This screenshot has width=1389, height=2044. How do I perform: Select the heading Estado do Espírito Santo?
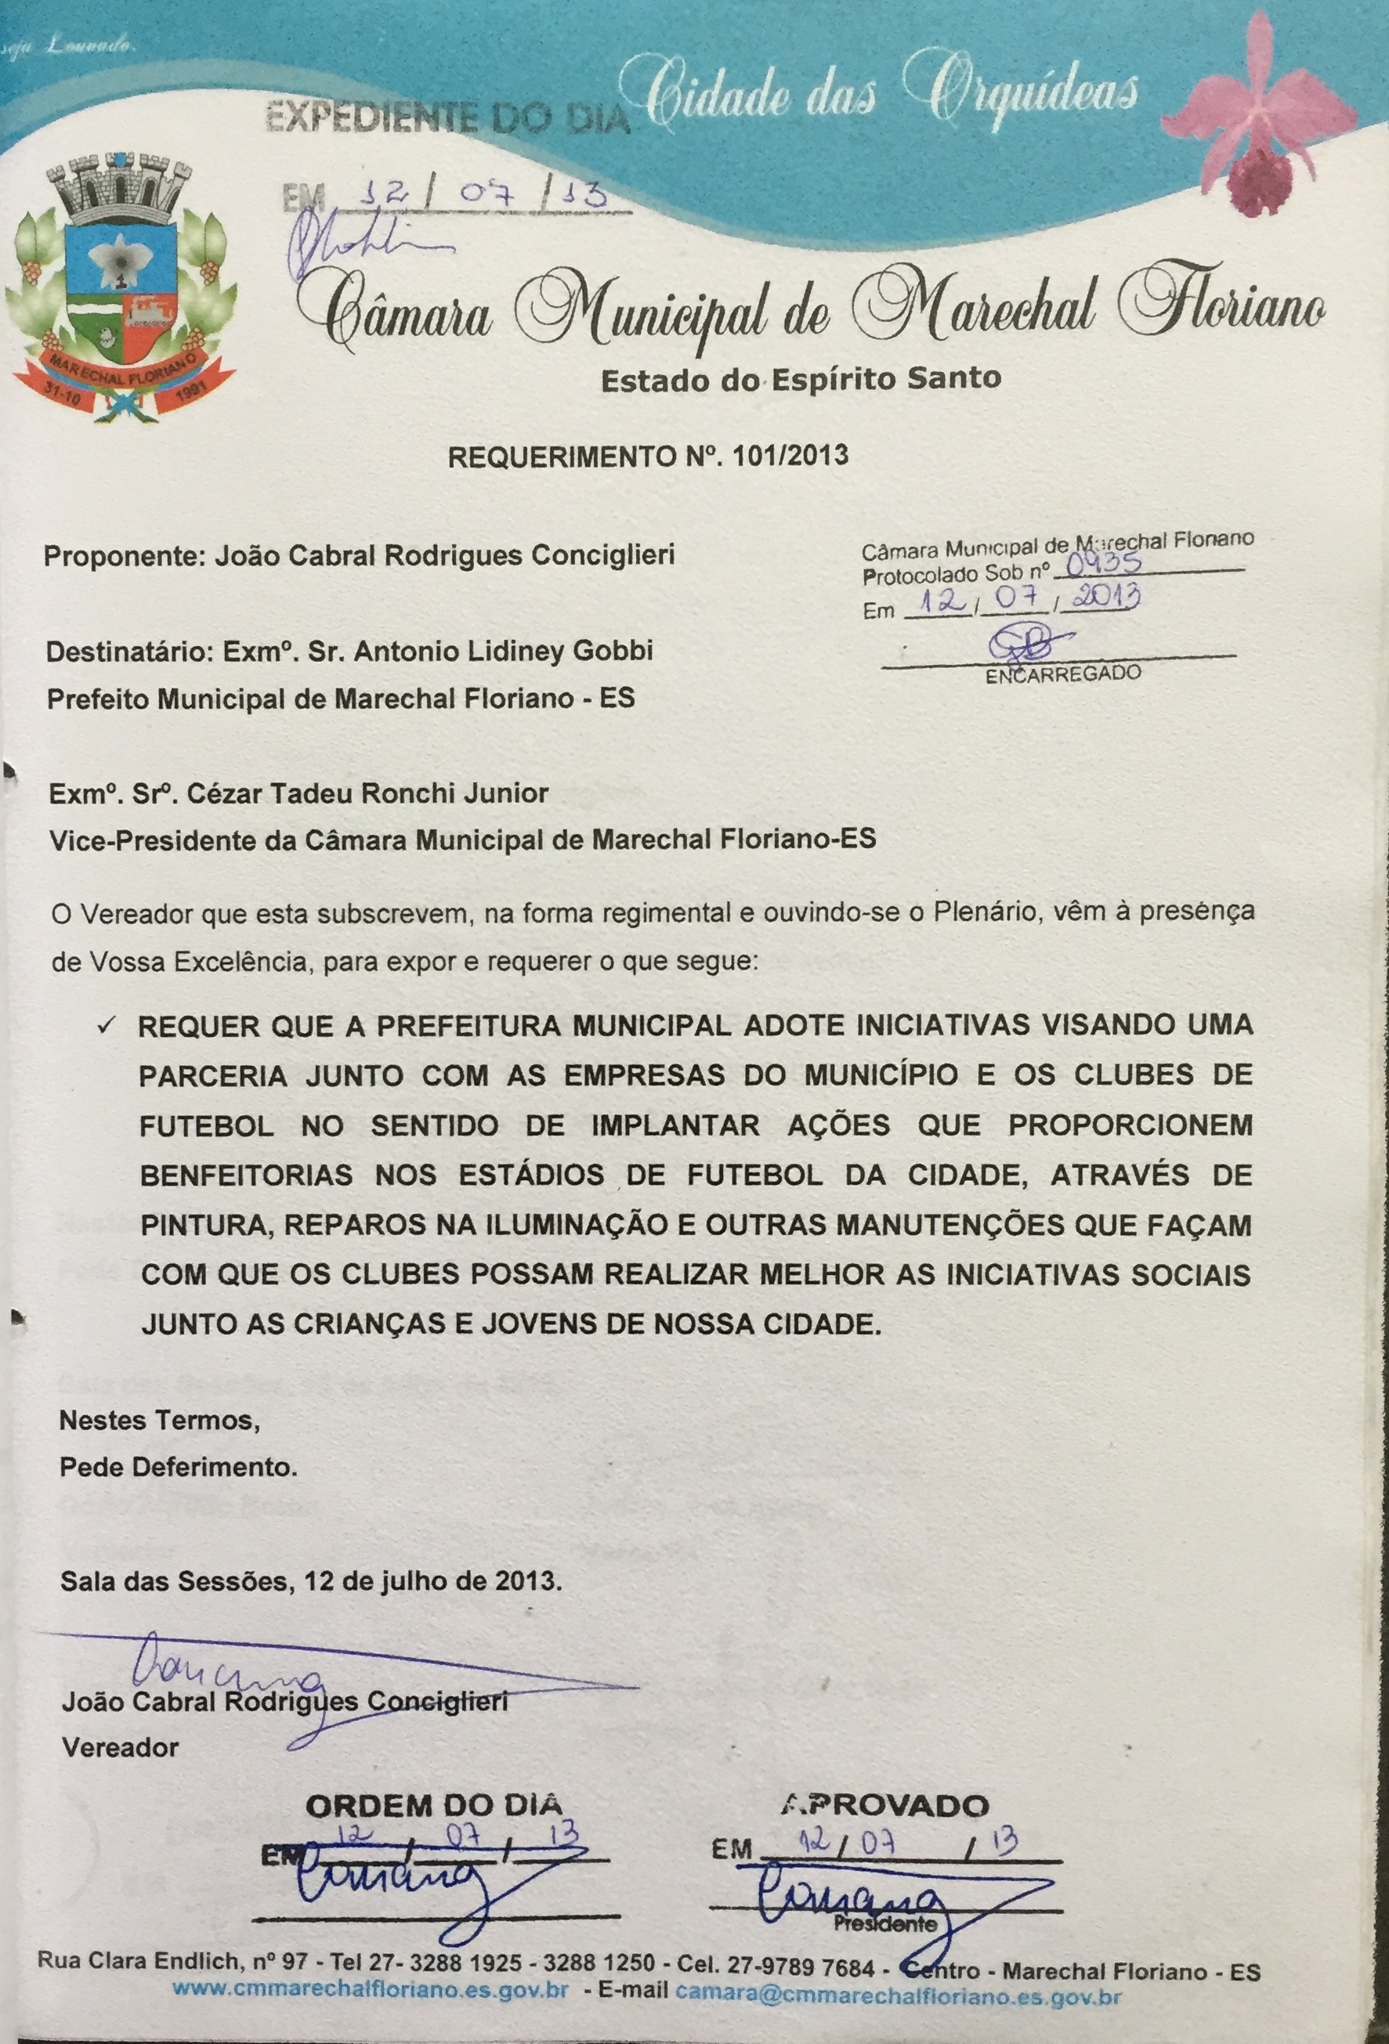(x=800, y=379)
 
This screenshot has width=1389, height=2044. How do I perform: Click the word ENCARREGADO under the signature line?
(x=1062, y=674)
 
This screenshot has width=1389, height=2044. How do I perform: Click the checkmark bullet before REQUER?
(x=108, y=1027)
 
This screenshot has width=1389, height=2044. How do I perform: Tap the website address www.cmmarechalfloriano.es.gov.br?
(x=371, y=2013)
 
